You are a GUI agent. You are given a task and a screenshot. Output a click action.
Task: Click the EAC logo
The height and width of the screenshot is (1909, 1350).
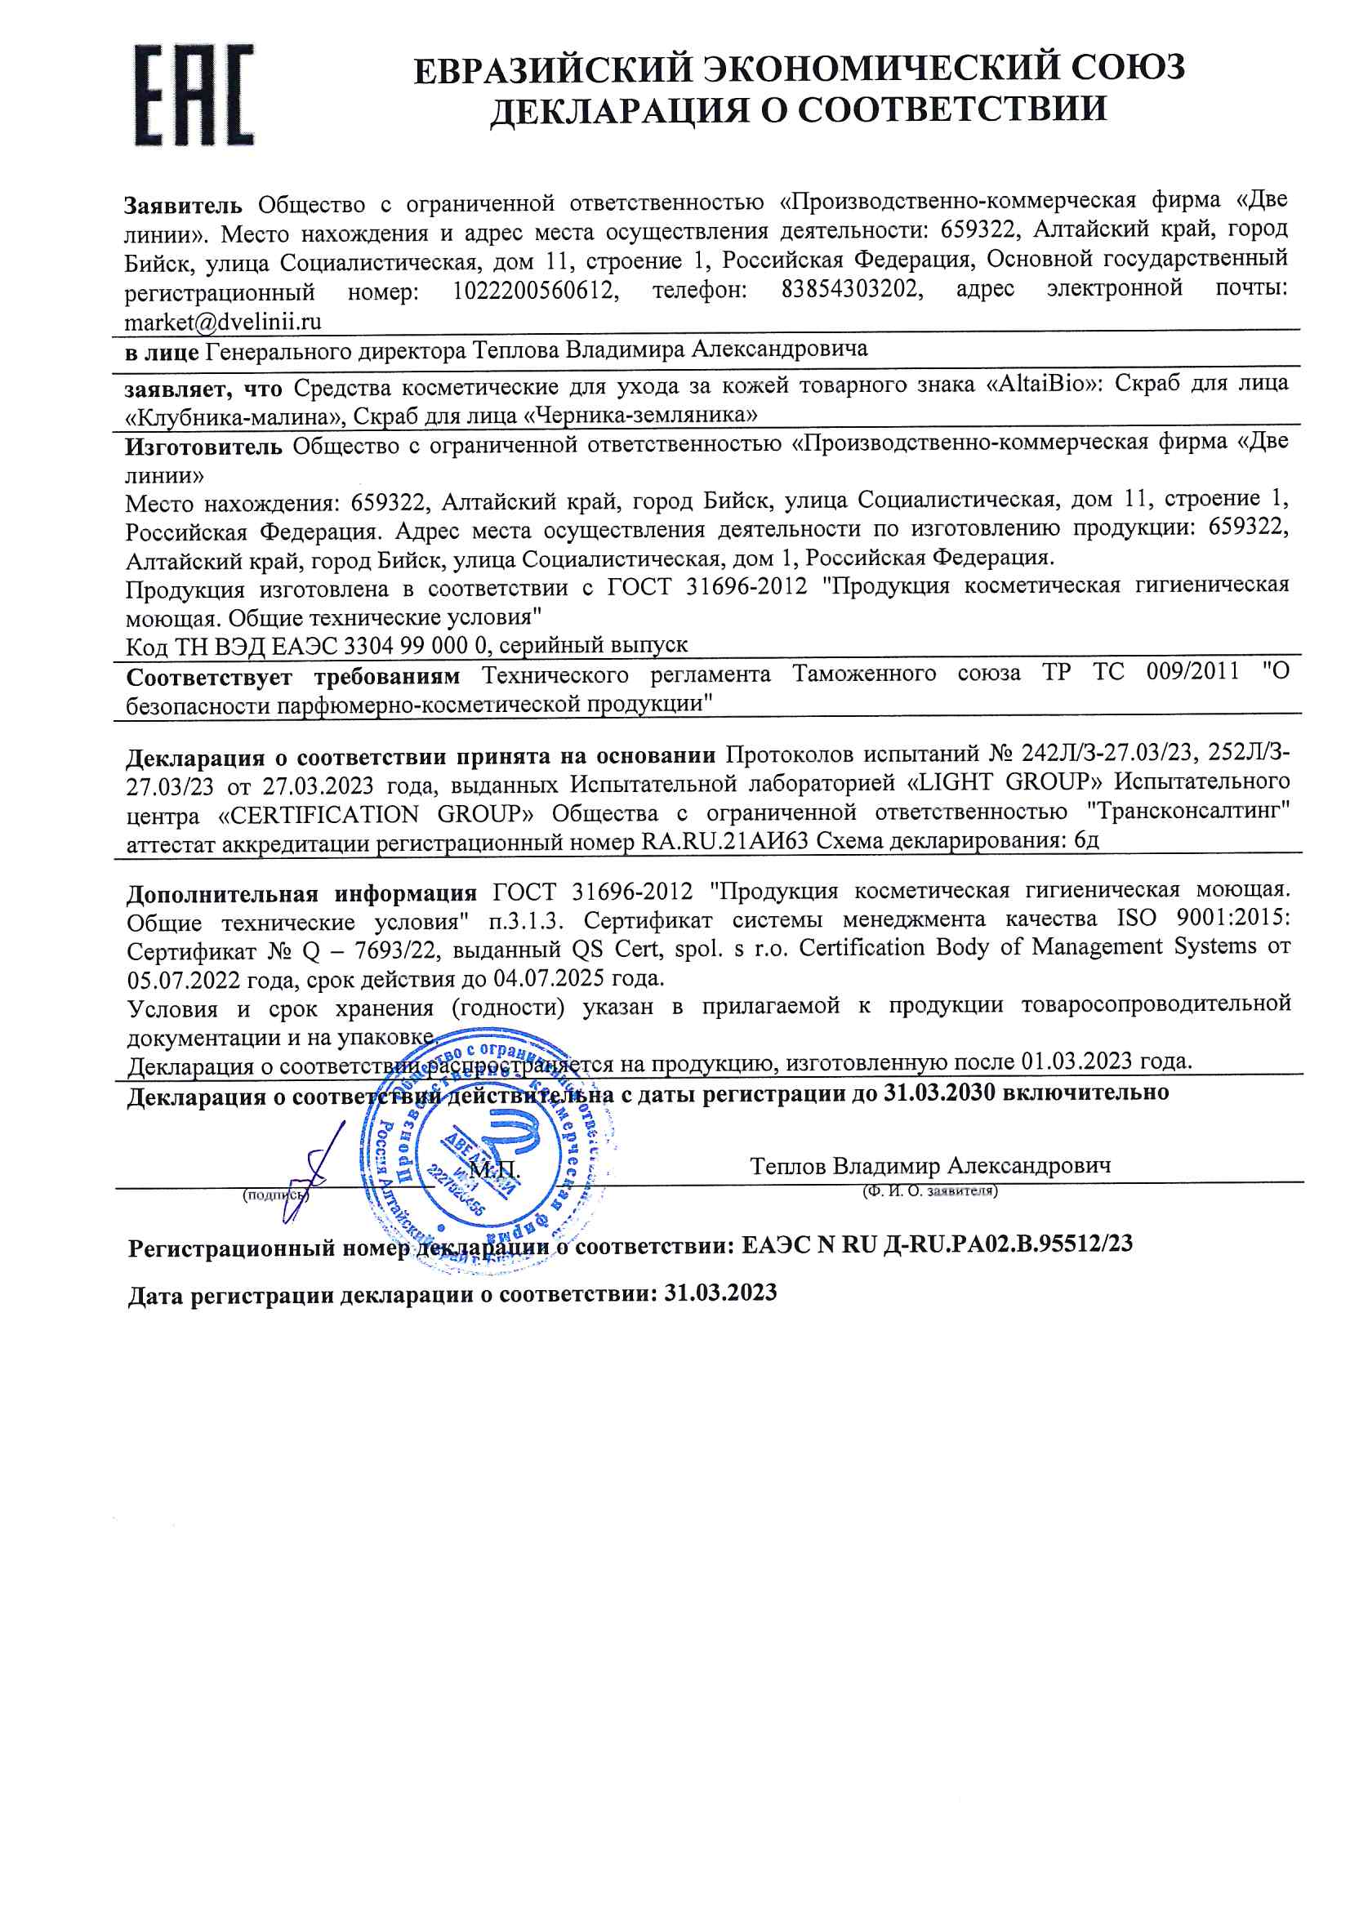point(194,95)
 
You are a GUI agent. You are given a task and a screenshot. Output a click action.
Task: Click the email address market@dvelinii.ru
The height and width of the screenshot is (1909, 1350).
point(223,322)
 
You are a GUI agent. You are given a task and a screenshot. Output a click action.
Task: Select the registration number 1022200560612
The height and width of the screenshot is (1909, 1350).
point(535,291)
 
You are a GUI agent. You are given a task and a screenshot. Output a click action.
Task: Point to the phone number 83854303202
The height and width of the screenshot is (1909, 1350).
point(851,289)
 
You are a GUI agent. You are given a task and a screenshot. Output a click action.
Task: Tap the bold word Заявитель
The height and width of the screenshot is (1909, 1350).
point(183,204)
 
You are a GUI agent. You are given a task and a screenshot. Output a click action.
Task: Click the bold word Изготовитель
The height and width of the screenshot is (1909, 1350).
point(204,447)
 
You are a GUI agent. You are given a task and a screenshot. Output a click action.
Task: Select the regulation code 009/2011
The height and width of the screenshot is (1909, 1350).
point(1193,671)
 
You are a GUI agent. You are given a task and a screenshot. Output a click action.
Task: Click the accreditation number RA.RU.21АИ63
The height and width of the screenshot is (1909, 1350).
point(724,842)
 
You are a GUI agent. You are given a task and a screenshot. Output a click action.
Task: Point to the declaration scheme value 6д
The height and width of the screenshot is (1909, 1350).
point(1086,839)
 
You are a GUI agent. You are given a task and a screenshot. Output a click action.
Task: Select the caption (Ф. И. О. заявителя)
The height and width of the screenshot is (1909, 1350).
point(930,1190)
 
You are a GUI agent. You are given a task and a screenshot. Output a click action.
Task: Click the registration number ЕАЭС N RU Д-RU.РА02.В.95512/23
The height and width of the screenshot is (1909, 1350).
point(937,1244)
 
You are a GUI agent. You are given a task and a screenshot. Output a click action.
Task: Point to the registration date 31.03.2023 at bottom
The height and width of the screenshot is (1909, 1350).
point(720,1293)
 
